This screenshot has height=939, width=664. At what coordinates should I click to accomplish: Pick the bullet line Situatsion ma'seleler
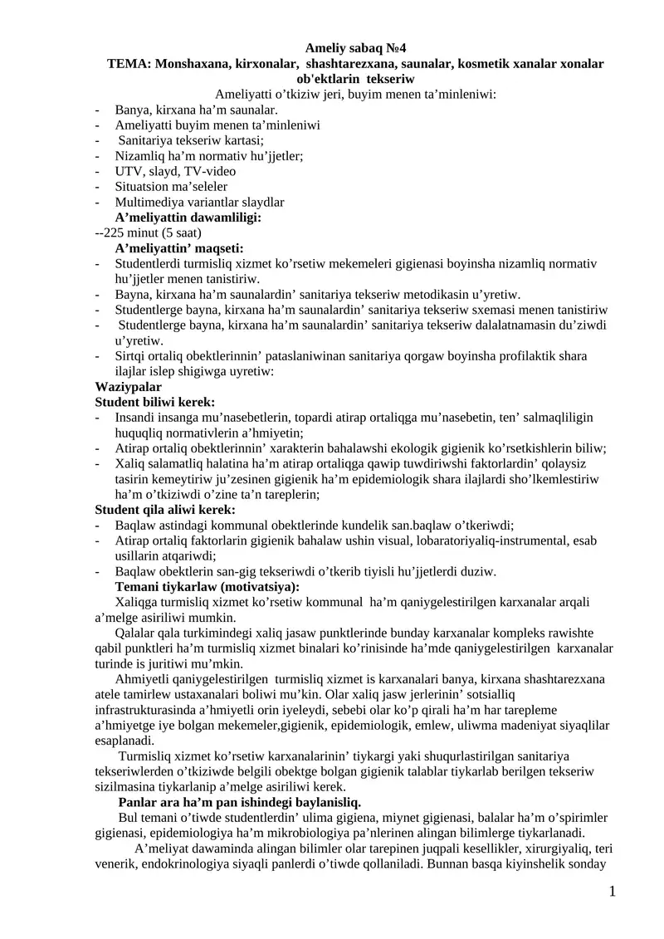coord(171,187)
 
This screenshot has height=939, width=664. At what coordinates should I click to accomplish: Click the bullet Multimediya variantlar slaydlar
coord(199,202)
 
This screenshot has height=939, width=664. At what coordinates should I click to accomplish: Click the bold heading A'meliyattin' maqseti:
coord(184,248)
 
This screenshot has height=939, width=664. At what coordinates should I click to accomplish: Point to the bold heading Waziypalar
coord(129,387)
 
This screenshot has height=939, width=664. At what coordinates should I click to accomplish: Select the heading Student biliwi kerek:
coord(155,402)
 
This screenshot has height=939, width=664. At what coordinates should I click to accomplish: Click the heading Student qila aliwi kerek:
coord(165,510)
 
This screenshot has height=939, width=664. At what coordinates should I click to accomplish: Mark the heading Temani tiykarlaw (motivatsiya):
coord(207,587)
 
